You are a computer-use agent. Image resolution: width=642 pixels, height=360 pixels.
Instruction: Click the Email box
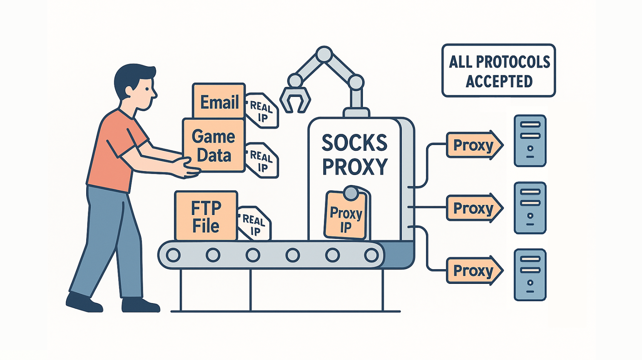pyautogui.click(x=219, y=101)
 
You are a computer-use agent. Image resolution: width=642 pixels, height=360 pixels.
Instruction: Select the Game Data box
pyautogui.click(x=214, y=145)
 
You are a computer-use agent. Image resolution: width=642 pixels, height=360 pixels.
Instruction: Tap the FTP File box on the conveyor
pyautogui.click(x=206, y=216)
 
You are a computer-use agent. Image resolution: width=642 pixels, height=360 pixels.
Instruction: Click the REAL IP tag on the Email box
pyautogui.click(x=262, y=111)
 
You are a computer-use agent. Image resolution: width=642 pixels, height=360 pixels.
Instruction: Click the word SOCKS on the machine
pyautogui.click(x=354, y=143)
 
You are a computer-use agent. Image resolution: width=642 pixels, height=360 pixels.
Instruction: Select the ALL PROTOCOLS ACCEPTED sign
pyautogui.click(x=499, y=71)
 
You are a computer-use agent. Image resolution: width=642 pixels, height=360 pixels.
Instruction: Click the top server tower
pyautogui.click(x=530, y=141)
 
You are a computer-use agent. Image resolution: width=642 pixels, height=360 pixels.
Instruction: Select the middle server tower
pyautogui.click(x=530, y=208)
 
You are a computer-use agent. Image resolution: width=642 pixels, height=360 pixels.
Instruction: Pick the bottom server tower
pyautogui.click(x=530, y=275)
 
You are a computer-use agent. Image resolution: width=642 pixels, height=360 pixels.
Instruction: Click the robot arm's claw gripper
pyautogui.click(x=295, y=99)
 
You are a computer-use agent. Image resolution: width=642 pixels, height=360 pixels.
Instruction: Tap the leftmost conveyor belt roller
pyautogui.click(x=173, y=255)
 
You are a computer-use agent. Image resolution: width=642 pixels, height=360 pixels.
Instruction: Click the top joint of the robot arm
pyautogui.click(x=324, y=54)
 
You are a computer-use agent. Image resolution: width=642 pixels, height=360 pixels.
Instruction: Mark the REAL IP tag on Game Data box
pyautogui.click(x=262, y=161)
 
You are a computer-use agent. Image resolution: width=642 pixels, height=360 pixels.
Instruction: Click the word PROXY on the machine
pyautogui.click(x=354, y=167)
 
